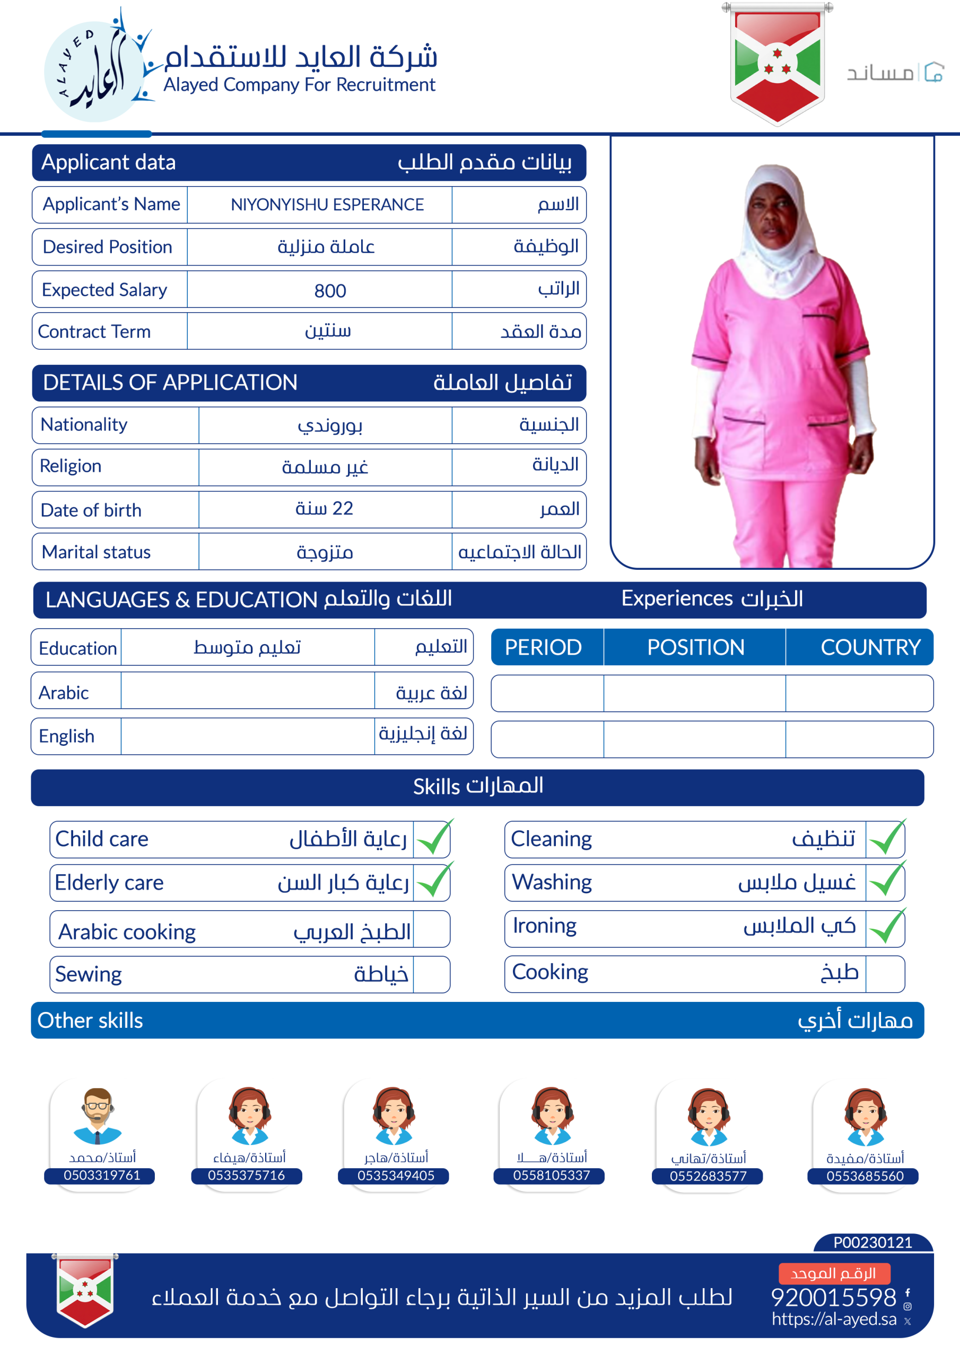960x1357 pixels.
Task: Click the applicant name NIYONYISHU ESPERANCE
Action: pos(327,205)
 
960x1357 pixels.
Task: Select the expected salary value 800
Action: pos(330,290)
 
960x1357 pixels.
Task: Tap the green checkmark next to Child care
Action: pos(433,838)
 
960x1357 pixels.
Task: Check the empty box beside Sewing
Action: pos(431,974)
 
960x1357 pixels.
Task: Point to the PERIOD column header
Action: pos(543,647)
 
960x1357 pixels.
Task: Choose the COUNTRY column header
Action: pos(870,647)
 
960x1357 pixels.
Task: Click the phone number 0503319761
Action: pos(102,1175)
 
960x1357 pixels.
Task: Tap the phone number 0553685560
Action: pos(865,1176)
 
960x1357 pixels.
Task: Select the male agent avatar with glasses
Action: pos(98,1115)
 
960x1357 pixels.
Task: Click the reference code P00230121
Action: pos(872,1243)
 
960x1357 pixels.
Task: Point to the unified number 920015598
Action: pos(833,1297)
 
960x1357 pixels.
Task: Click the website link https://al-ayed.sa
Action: pos(833,1319)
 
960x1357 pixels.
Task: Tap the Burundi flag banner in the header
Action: pos(777,63)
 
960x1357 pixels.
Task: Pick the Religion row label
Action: pos(71,466)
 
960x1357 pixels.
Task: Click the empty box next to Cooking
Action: pos(884,974)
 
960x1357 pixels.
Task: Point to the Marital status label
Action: pos(97,552)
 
